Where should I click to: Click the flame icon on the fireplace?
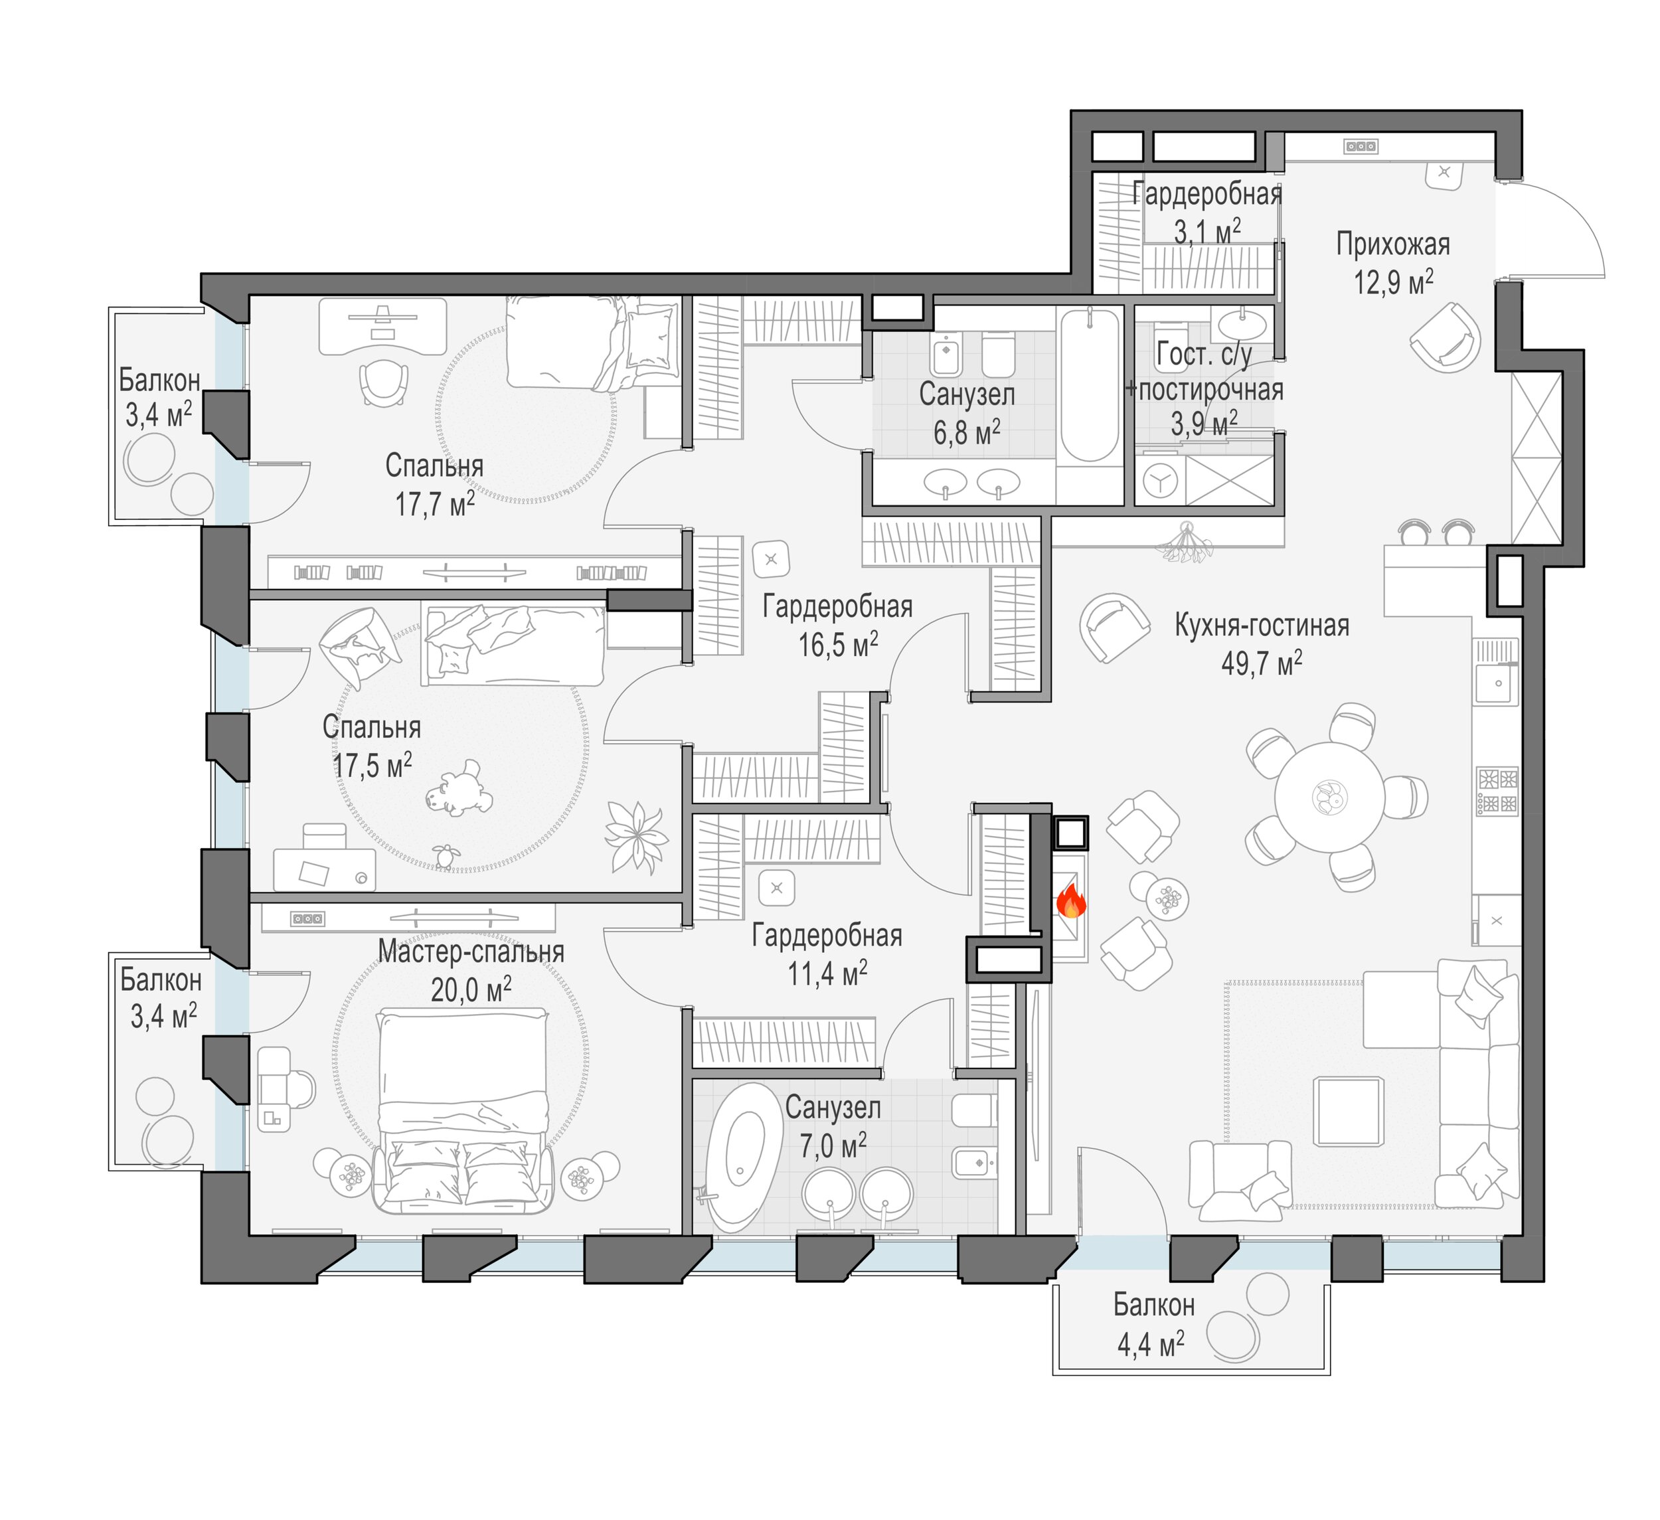(1070, 901)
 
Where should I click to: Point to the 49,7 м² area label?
(1262, 663)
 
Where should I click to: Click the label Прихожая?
(1393, 244)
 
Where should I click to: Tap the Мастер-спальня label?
(471, 952)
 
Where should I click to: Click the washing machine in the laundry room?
(1159, 480)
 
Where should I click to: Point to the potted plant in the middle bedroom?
(635, 837)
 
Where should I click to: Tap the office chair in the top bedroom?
(384, 382)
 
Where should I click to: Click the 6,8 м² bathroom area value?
(967, 432)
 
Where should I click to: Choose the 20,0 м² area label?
(471, 989)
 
